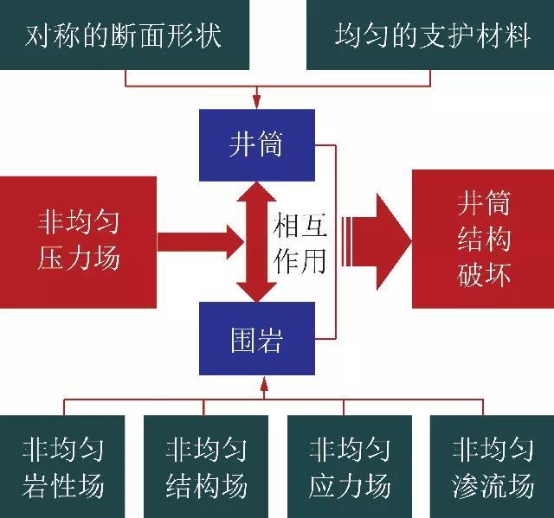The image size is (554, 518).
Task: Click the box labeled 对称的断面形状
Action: coord(124,35)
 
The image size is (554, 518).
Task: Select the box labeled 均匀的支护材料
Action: coord(430,35)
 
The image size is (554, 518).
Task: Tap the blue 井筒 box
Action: coord(255,144)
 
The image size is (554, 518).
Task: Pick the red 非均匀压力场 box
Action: coord(78,241)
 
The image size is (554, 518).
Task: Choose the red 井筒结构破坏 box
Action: coord(483,240)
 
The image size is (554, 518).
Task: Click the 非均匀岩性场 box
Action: coord(62,466)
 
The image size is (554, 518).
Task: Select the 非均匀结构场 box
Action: coord(206,466)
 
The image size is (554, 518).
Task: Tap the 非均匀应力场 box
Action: coord(350,466)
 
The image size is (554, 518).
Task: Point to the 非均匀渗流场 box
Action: coord(492,466)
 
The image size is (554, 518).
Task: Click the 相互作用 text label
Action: coord(299,242)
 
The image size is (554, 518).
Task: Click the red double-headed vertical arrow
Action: coord(255,241)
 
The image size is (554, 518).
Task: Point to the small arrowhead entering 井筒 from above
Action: coord(255,100)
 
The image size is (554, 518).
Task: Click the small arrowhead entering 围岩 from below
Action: coord(264,384)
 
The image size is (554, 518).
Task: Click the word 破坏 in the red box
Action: coord(483,274)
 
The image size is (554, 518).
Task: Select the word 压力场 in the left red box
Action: coord(78,259)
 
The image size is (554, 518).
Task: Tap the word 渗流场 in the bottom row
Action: coord(492,485)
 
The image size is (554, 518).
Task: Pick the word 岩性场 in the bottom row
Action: coord(62,485)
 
